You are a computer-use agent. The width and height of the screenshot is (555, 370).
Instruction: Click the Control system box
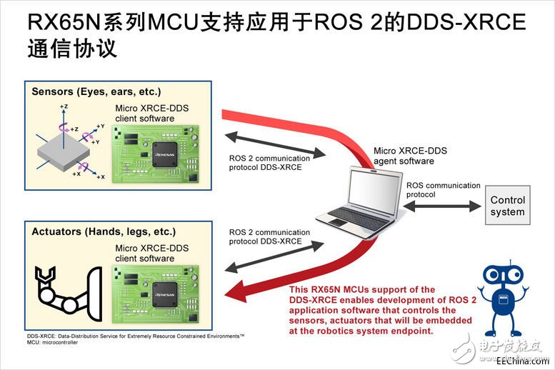[508, 206]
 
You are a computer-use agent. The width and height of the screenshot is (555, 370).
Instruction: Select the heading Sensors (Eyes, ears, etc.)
[96, 92]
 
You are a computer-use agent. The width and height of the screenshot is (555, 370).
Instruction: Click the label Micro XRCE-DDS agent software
[411, 156]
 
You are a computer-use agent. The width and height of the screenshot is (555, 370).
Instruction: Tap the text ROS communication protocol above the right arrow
[443, 190]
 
